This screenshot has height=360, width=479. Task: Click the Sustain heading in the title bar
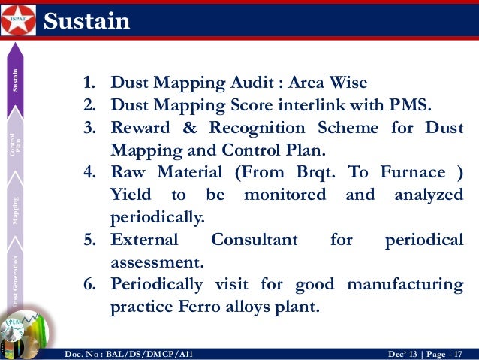point(86,21)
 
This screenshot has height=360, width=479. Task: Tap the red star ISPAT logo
point(18,20)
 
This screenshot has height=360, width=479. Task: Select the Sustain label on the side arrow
point(15,83)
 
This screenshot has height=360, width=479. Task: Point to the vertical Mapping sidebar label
point(15,211)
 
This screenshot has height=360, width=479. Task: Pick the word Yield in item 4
point(130,195)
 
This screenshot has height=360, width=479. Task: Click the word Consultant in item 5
point(254,241)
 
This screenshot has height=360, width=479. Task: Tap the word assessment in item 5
point(155,263)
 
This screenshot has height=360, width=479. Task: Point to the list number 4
point(89,173)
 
